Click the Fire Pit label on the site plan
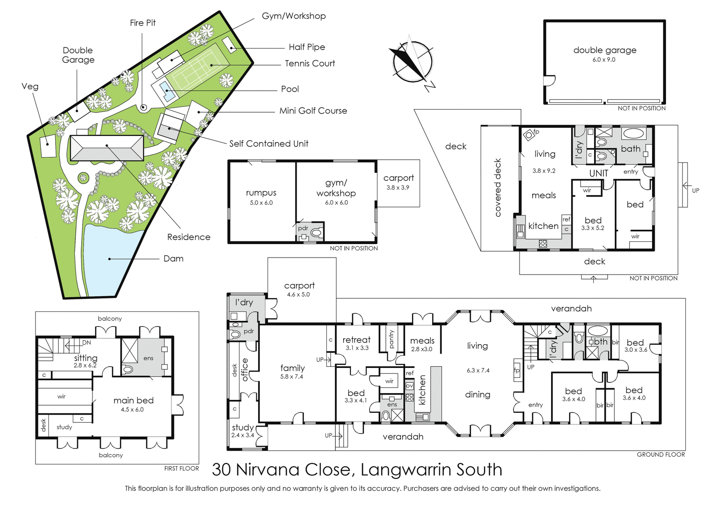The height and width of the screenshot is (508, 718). pyautogui.click(x=143, y=23)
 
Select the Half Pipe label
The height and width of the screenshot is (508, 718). pyautogui.click(x=307, y=48)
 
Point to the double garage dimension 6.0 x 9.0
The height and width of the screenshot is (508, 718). pyautogui.click(x=604, y=60)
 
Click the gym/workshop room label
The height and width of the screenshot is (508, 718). pyautogui.click(x=336, y=188)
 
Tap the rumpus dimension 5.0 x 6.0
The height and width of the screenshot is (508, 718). pyautogui.click(x=261, y=202)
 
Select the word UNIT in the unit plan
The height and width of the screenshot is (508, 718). pyautogui.click(x=599, y=173)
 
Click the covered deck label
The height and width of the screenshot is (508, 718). pyautogui.click(x=498, y=188)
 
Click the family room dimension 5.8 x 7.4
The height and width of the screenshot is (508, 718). pyautogui.click(x=291, y=377)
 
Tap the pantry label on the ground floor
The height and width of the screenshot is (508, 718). pyautogui.click(x=391, y=339)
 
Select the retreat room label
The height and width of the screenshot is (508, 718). pyautogui.click(x=356, y=340)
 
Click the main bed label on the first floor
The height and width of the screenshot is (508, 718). pyautogui.click(x=133, y=400)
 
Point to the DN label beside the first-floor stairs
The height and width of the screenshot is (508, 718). pyautogui.click(x=87, y=342)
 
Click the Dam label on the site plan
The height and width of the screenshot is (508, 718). pyautogui.click(x=173, y=258)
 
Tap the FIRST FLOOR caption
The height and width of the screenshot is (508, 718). pyautogui.click(x=181, y=469)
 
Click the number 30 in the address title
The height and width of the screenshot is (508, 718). pyautogui.click(x=221, y=470)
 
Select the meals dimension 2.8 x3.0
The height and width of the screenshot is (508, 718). pyautogui.click(x=421, y=349)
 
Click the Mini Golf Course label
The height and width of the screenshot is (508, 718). pyautogui.click(x=313, y=111)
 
